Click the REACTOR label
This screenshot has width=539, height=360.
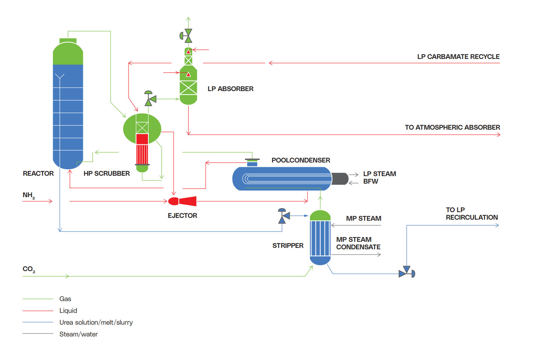(38, 174)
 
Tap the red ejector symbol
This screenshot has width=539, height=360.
(183, 201)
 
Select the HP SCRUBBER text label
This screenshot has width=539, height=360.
(106, 174)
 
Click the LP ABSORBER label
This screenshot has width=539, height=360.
(230, 89)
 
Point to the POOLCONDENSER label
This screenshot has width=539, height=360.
(301, 160)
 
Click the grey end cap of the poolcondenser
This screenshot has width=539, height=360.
(340, 179)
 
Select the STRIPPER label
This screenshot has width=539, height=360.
(288, 246)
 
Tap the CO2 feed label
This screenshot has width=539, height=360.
(29, 269)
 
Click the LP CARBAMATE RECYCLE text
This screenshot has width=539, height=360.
(458, 57)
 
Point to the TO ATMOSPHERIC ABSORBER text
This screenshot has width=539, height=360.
(452, 127)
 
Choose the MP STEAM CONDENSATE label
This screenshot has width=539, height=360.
(358, 243)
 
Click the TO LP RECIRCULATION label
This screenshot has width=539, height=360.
(471, 214)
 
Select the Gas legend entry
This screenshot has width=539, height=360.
(65, 299)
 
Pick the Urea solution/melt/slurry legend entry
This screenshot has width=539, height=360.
(96, 322)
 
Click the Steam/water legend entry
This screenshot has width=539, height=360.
(79, 334)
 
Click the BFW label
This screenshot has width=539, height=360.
(370, 181)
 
